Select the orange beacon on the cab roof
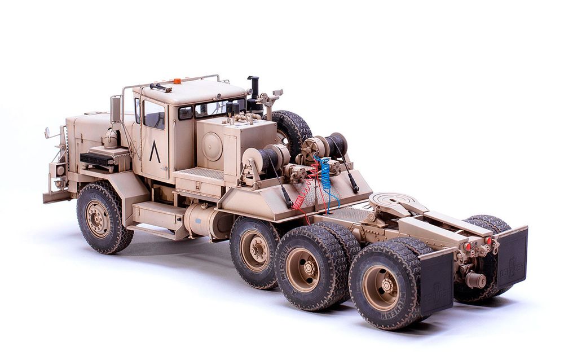(177, 81)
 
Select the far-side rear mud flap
(512, 257)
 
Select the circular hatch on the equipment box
(211, 146)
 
